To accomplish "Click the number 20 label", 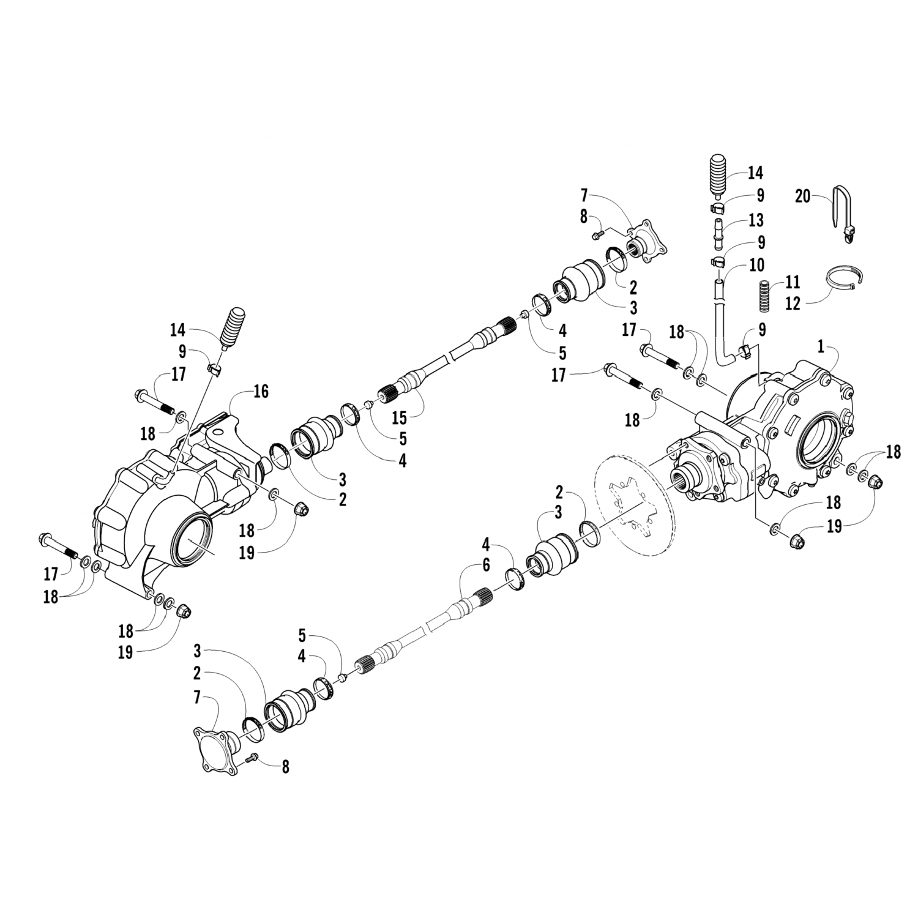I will tap(803, 196).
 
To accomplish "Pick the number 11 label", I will tap(793, 283).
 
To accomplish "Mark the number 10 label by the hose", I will tap(756, 264).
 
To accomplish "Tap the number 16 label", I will tap(261, 391).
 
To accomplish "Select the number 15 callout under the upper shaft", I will tap(398, 419).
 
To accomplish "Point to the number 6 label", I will tap(486, 565).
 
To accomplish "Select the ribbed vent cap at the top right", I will tap(720, 176).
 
